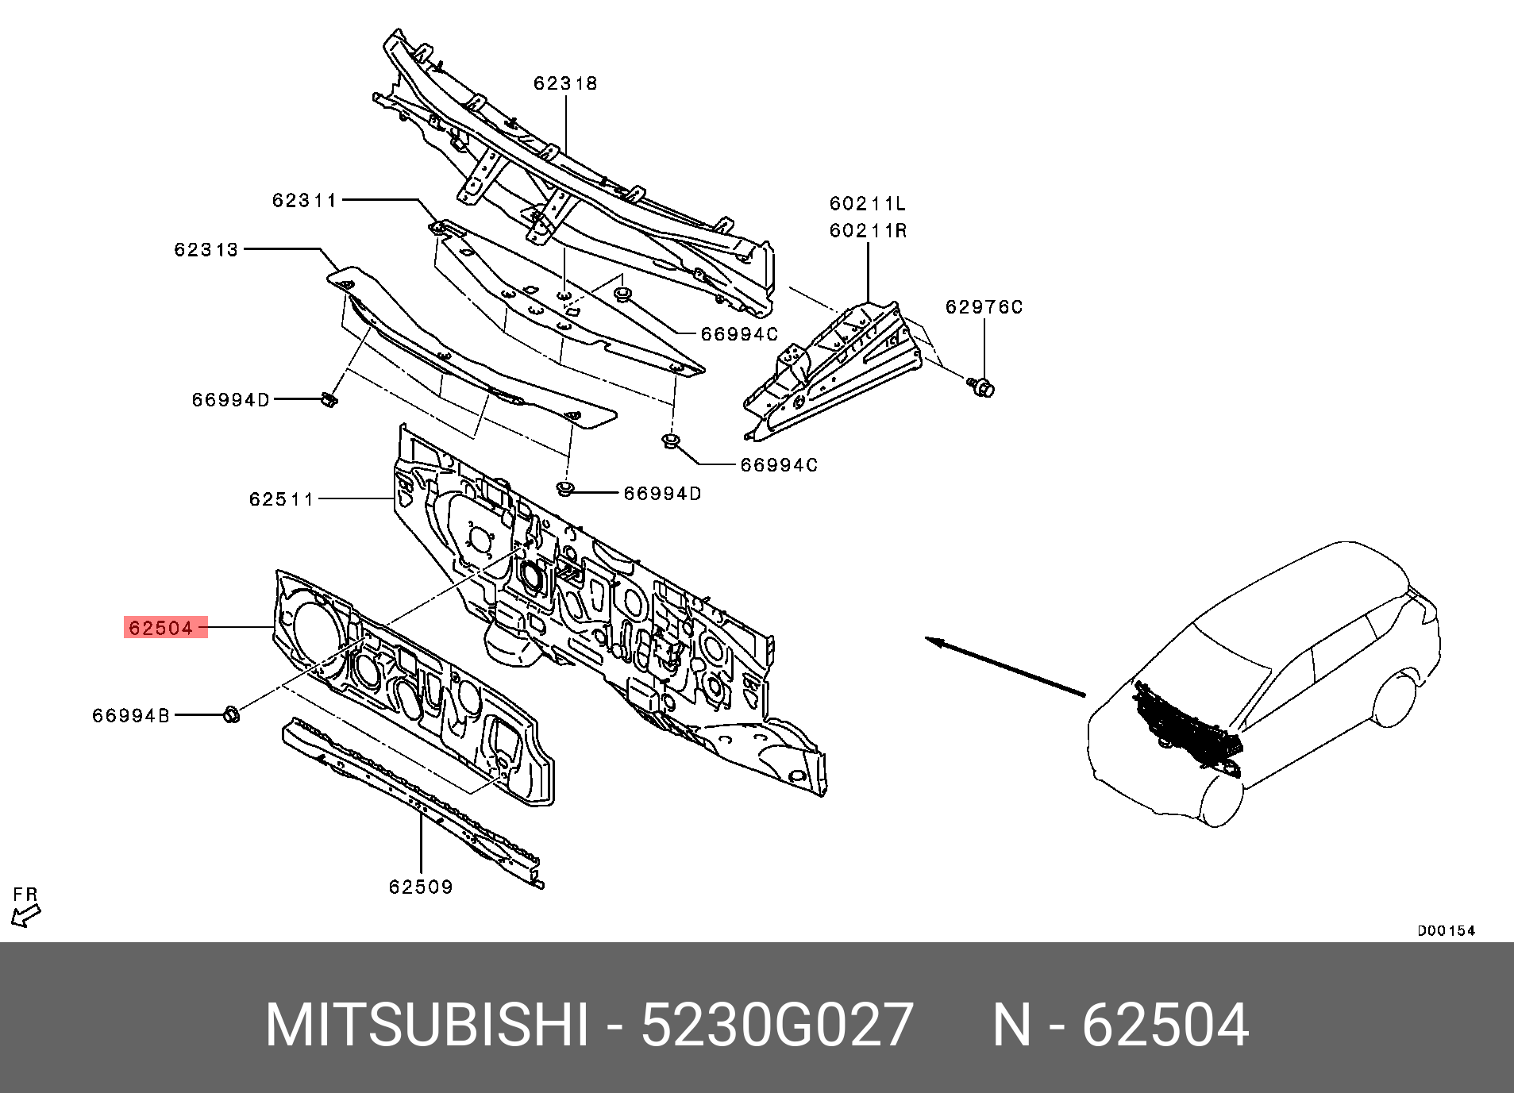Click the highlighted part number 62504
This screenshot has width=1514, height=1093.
pyautogui.click(x=161, y=628)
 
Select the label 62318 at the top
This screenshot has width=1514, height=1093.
pyautogui.click(x=565, y=83)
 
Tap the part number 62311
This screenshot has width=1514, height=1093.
pyautogui.click(x=305, y=201)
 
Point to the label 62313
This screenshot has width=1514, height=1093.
pyautogui.click(x=206, y=250)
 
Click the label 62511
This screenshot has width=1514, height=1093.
pyautogui.click(x=282, y=499)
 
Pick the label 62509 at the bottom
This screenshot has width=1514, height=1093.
pyautogui.click(x=421, y=887)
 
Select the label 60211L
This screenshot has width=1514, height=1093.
pyautogui.click(x=868, y=204)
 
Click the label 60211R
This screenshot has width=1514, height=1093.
pyautogui.click(x=868, y=231)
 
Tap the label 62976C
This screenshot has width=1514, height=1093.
pyautogui.click(x=984, y=307)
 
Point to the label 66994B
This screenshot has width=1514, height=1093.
pyautogui.click(x=131, y=716)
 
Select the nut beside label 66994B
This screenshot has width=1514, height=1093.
pyautogui.click(x=231, y=714)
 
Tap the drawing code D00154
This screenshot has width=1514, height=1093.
pyautogui.click(x=1447, y=931)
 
